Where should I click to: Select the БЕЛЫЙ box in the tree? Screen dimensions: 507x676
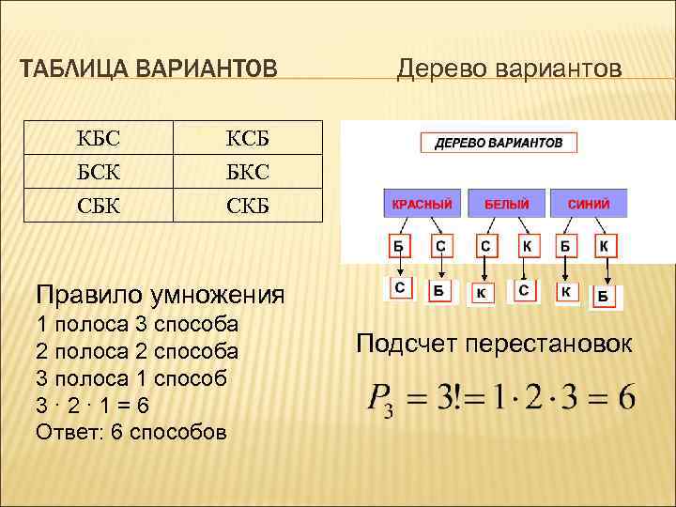[507, 205]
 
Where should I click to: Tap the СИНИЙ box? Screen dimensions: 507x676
[588, 205]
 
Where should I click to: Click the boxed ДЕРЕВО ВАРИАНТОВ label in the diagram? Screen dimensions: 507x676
[498, 144]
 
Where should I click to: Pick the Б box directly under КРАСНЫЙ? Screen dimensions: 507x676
[399, 247]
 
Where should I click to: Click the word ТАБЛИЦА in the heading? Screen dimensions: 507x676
[75, 69]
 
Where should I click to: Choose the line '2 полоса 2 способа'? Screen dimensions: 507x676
[136, 351]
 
